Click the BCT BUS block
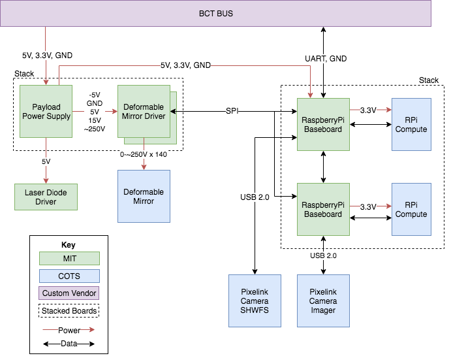(215, 13)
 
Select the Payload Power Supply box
(46, 111)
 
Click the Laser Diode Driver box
(46, 197)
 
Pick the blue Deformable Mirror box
(143, 197)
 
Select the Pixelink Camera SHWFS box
(255, 301)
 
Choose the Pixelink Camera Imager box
(323, 301)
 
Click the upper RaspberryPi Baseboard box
(323, 124)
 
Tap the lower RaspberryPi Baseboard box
(323, 209)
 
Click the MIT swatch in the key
(69, 259)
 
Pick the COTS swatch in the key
(69, 276)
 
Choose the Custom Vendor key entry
(69, 293)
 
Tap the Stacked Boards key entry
(69, 311)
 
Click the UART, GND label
(325, 59)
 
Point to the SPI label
(233, 110)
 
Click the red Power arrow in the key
(69, 330)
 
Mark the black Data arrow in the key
(69, 343)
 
